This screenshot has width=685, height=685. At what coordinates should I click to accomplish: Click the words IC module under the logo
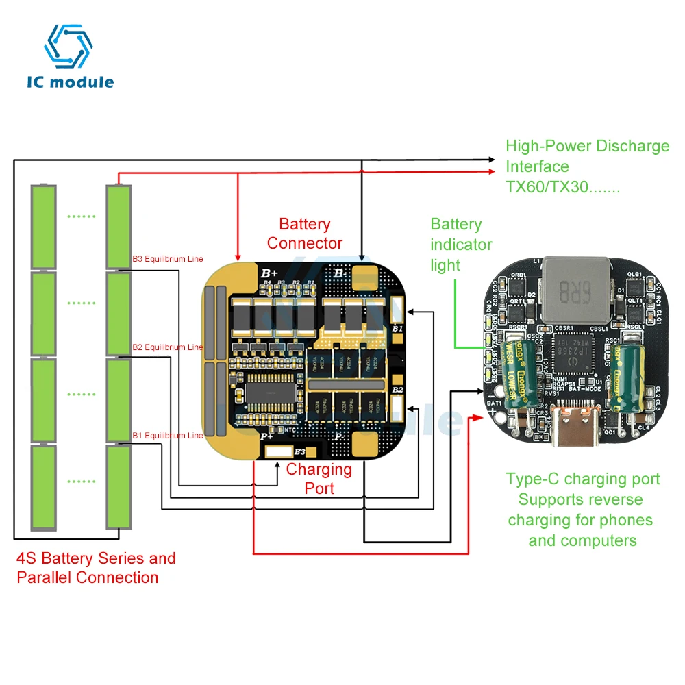click(70, 82)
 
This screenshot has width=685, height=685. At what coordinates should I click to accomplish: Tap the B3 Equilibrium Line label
click(167, 260)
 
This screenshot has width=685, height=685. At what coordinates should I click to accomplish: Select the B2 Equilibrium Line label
click(167, 347)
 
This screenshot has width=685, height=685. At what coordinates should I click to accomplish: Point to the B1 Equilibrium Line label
click(167, 435)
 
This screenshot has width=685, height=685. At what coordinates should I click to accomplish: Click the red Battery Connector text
click(305, 234)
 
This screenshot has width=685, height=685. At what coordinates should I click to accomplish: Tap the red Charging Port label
click(319, 478)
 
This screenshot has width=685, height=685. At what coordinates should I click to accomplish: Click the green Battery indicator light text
click(461, 245)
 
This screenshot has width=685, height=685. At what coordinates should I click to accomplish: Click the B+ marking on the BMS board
click(269, 273)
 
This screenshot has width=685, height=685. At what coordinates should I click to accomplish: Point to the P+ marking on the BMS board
click(266, 436)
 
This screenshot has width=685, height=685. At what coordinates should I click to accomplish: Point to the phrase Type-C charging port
click(583, 479)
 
